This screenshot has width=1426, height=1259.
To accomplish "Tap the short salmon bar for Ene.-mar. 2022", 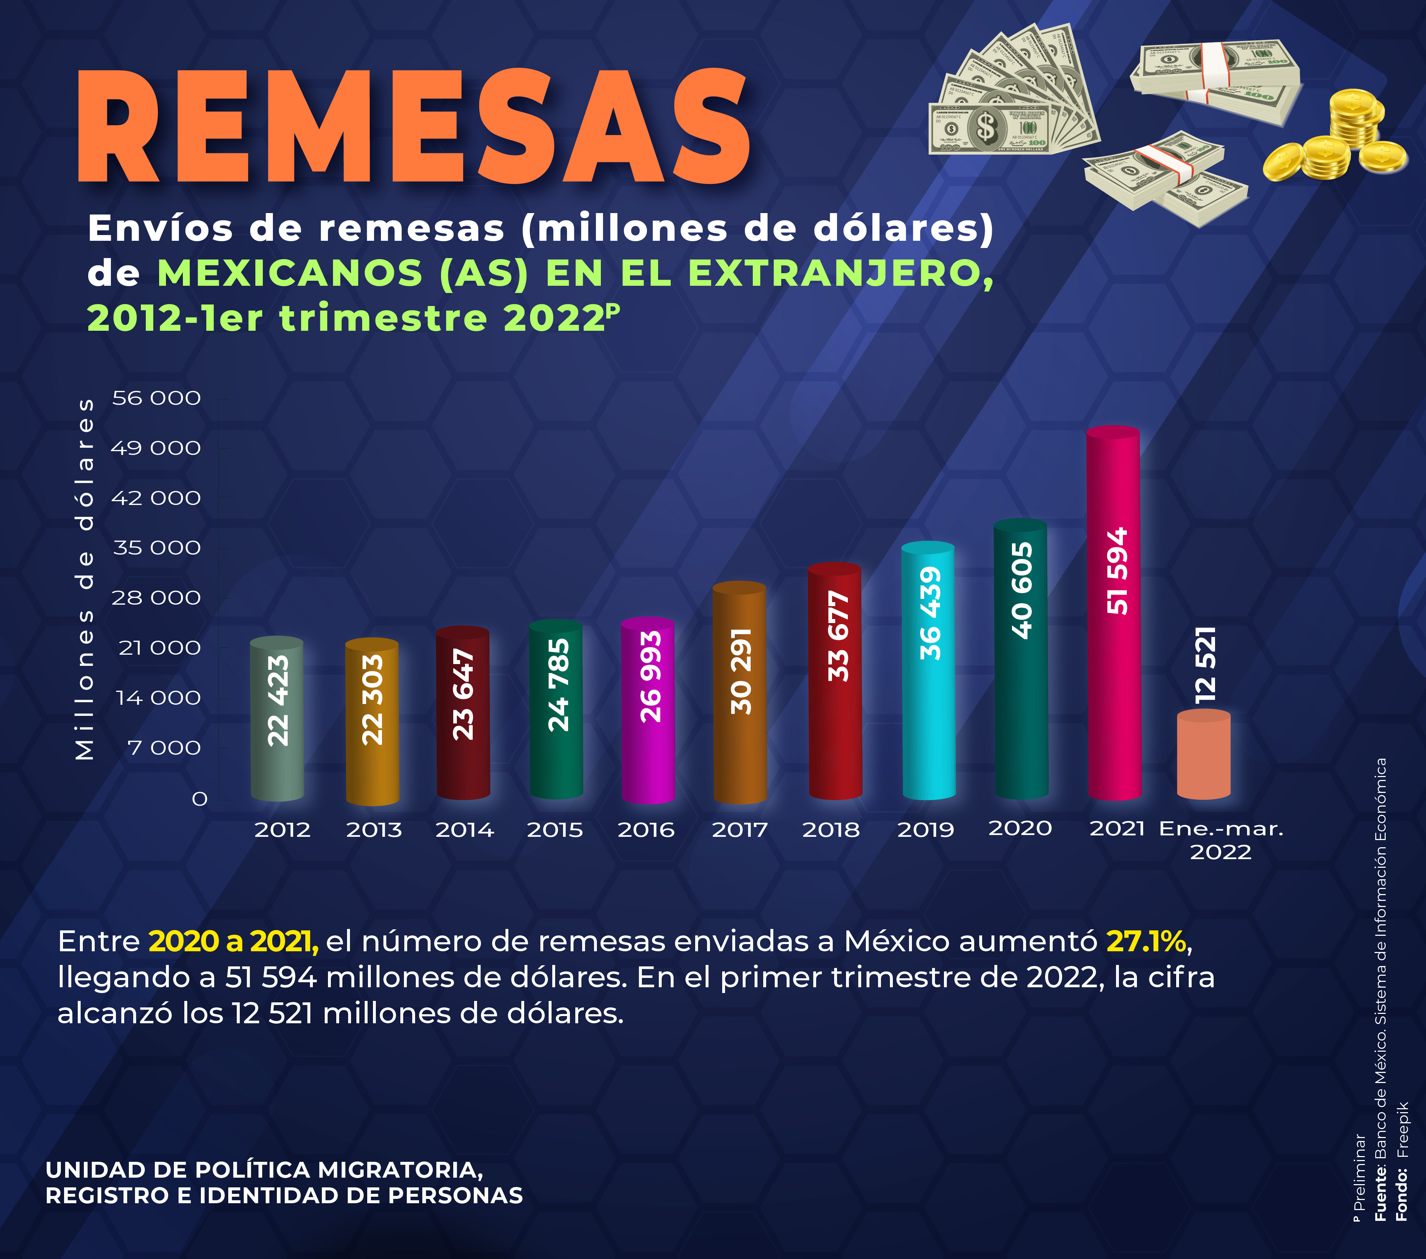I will (1204, 757).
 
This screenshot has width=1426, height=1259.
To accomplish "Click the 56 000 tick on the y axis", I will (156, 398).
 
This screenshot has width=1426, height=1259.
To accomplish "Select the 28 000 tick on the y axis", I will (156, 598).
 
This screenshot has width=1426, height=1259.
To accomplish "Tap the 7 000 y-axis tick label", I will (165, 748).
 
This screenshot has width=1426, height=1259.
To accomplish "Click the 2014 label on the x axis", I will (465, 830).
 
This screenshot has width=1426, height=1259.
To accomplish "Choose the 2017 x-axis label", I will (739, 830).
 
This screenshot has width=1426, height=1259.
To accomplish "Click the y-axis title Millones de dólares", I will (85, 579).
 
